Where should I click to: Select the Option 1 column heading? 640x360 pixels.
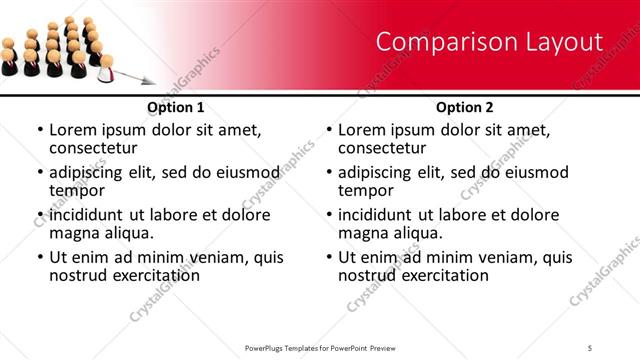coord(176,107)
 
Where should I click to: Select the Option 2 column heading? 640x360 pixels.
coord(464,107)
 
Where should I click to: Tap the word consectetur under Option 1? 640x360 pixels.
coord(96,147)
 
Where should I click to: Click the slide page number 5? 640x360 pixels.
coord(590,347)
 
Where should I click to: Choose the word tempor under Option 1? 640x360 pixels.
coord(75,190)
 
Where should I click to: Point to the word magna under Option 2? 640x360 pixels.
coord(362,233)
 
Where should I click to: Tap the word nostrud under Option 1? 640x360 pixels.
coord(78,274)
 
